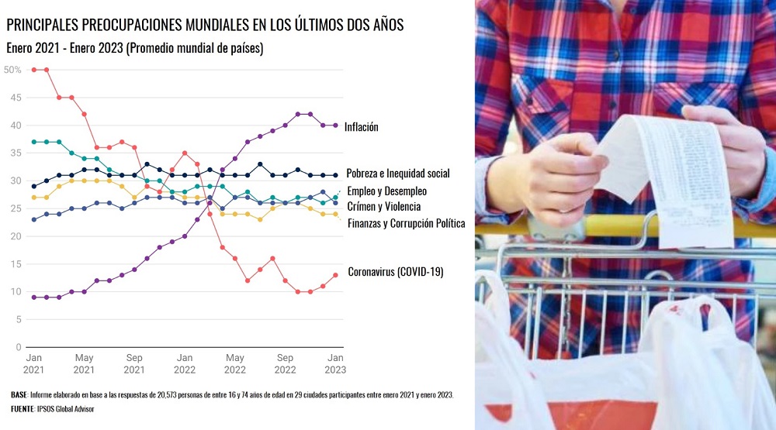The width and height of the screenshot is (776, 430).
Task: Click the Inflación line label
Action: pos(362,126)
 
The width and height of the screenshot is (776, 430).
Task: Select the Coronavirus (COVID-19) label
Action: pos(395,272)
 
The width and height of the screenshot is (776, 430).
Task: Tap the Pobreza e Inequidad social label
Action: pos(397,174)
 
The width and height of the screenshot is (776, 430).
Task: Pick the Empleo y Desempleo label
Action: pos(386,191)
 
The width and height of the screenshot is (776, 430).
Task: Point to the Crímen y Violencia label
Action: pos(383,206)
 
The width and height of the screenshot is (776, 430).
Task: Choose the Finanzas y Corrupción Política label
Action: pos(406,223)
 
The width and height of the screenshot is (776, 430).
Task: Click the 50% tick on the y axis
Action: pos(12,70)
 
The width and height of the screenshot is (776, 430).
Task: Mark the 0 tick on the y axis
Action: pos(18,347)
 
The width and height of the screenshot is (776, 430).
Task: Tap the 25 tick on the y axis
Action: pos(16,208)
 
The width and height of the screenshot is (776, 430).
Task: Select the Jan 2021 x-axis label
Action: pos(34,363)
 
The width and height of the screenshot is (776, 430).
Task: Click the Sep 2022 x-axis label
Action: pos(286,363)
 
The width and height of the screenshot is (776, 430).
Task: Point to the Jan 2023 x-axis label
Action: pos(335,363)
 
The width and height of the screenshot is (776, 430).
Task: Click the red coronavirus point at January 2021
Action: pos(34,70)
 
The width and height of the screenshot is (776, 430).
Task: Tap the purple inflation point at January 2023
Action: pos(335,126)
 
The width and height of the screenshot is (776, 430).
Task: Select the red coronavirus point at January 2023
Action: pos(335,275)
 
